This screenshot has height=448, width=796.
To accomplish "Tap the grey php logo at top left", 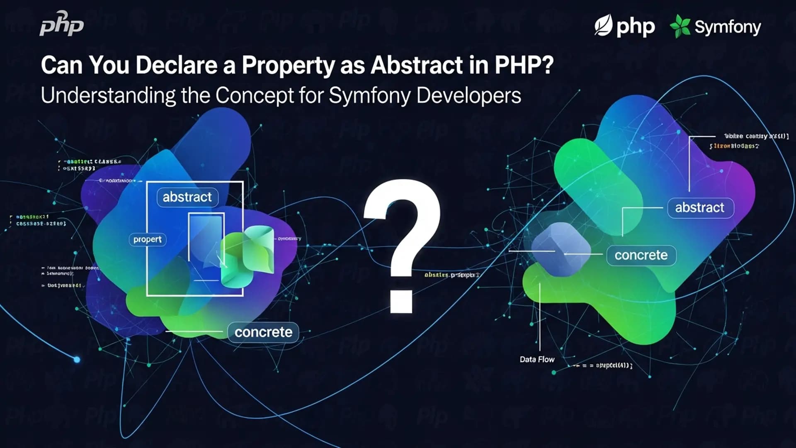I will [x=62, y=24].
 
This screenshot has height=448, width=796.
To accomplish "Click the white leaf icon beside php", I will [x=603, y=26].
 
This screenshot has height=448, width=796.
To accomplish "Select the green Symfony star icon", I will [x=680, y=26].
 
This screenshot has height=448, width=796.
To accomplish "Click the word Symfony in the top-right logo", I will [x=728, y=27].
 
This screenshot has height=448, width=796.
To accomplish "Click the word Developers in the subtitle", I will [x=468, y=96].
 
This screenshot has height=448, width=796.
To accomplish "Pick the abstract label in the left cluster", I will [x=187, y=197].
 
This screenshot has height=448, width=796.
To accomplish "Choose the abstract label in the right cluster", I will [x=700, y=207].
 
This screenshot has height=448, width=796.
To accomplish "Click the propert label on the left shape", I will [x=147, y=240].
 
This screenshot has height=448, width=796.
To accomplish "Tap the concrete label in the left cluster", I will [x=263, y=332].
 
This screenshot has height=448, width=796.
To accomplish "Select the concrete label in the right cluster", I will [x=641, y=255].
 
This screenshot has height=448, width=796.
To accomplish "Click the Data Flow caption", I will [x=537, y=360].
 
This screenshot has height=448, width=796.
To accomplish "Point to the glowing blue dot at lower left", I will [x=77, y=359].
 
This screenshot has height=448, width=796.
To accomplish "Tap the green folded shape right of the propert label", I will [x=249, y=255].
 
